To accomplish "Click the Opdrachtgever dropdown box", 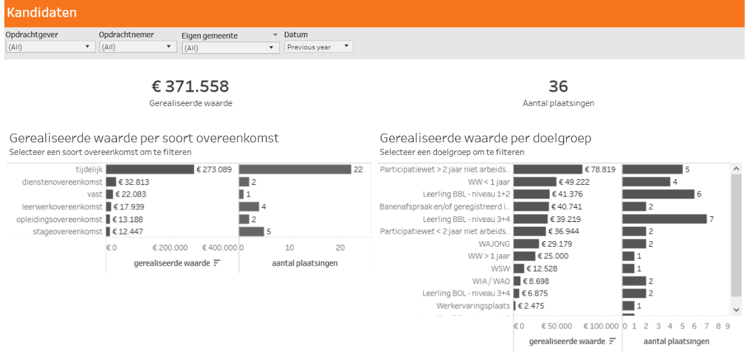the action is (50, 47).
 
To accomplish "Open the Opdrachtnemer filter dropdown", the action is (137, 47).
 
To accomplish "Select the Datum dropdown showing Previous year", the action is (319, 47).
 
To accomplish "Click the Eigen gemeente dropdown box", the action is (231, 48).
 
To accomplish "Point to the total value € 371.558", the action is (190, 86).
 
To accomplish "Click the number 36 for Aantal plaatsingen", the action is (558, 86).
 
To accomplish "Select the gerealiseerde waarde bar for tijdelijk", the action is (150, 169).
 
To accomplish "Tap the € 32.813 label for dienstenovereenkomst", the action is (134, 182).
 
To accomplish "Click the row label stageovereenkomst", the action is (67, 231).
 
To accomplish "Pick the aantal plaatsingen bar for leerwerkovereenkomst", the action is (249, 206).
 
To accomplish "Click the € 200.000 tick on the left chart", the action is (170, 247).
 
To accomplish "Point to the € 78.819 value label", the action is (600, 169).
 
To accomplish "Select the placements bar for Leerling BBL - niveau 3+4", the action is (664, 219).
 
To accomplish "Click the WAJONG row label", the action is (494, 244).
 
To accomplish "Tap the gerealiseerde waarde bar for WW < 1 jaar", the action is (535, 182).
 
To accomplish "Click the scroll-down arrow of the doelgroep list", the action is (736, 310).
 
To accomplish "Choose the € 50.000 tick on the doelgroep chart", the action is (557, 326).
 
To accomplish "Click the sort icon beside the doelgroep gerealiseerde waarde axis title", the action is (613, 341).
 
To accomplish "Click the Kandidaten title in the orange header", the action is (42, 12).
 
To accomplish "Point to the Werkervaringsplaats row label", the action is (473, 306).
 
